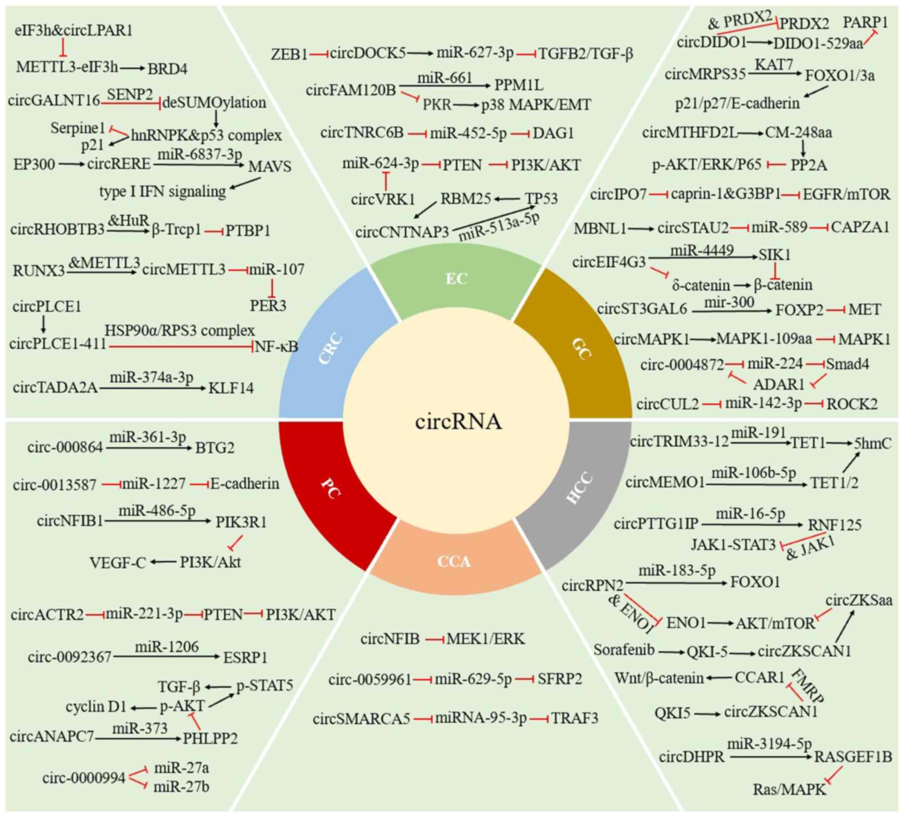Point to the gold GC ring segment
581,347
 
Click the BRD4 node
167,68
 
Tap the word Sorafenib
624,649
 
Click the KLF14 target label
231,388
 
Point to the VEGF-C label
118,563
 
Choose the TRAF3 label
574,719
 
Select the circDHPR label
691,757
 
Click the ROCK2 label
852,404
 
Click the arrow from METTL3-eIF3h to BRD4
133,68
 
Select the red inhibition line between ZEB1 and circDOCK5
319,54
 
